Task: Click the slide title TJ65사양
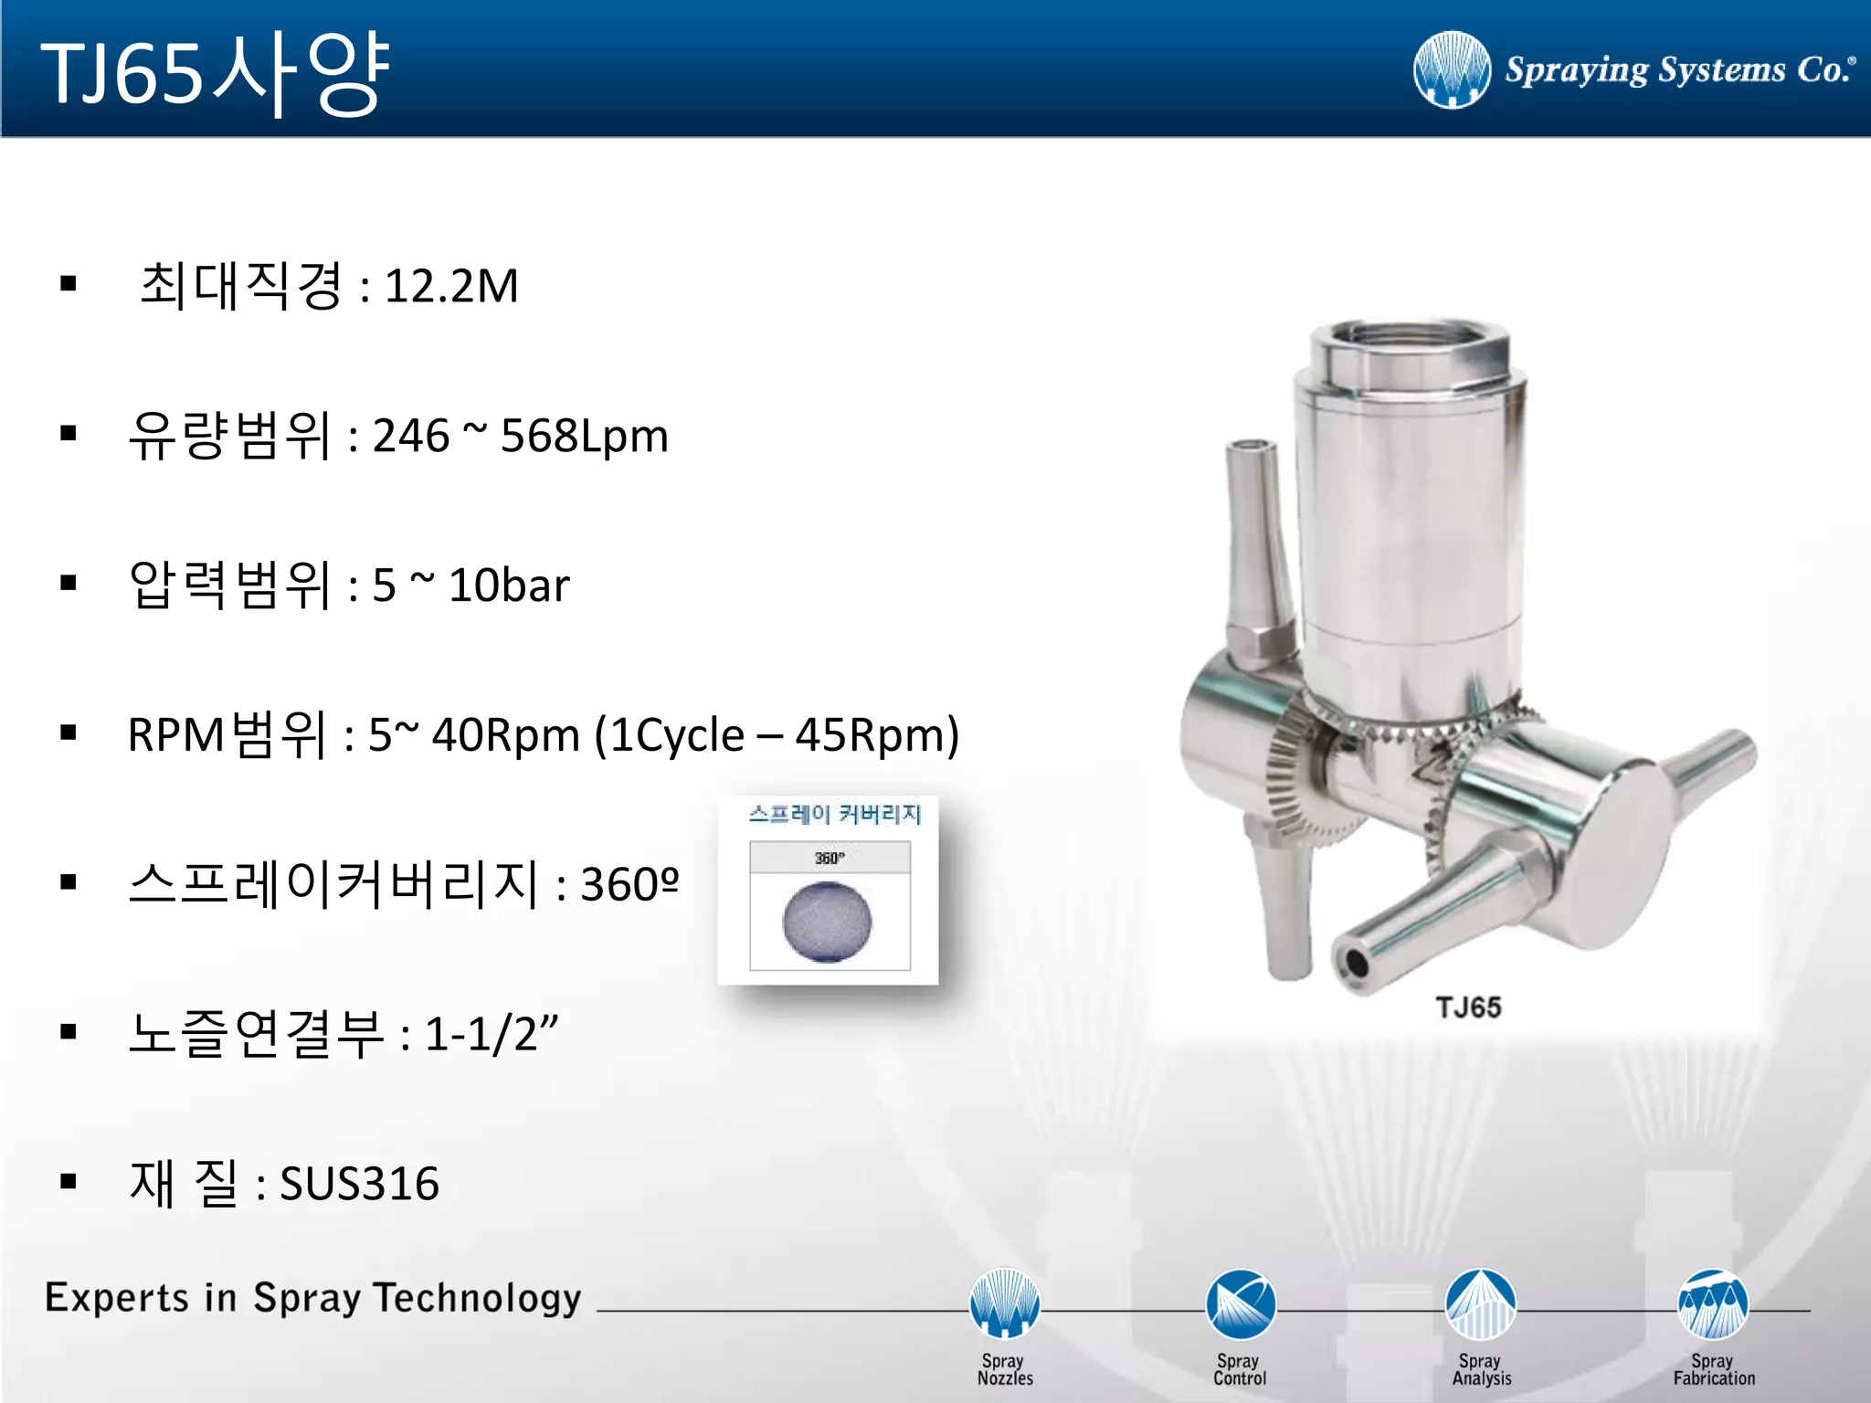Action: click(x=216, y=73)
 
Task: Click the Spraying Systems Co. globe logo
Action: click(x=1451, y=70)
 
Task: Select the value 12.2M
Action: click(x=451, y=286)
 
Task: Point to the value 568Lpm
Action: click(x=585, y=436)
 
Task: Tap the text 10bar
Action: click(x=509, y=585)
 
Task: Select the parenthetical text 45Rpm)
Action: click(x=877, y=735)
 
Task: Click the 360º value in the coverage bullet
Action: click(x=629, y=884)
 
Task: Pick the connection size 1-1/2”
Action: click(x=492, y=1034)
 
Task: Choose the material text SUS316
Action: click(x=359, y=1184)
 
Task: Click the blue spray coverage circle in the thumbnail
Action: click(x=828, y=922)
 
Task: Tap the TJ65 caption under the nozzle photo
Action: click(x=1468, y=1007)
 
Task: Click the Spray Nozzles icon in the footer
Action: click(x=1004, y=1303)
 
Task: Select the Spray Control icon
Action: click(x=1240, y=1303)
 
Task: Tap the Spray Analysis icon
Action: click(x=1480, y=1303)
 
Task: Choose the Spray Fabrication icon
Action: click(x=1713, y=1303)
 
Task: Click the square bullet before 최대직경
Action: click(x=69, y=284)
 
